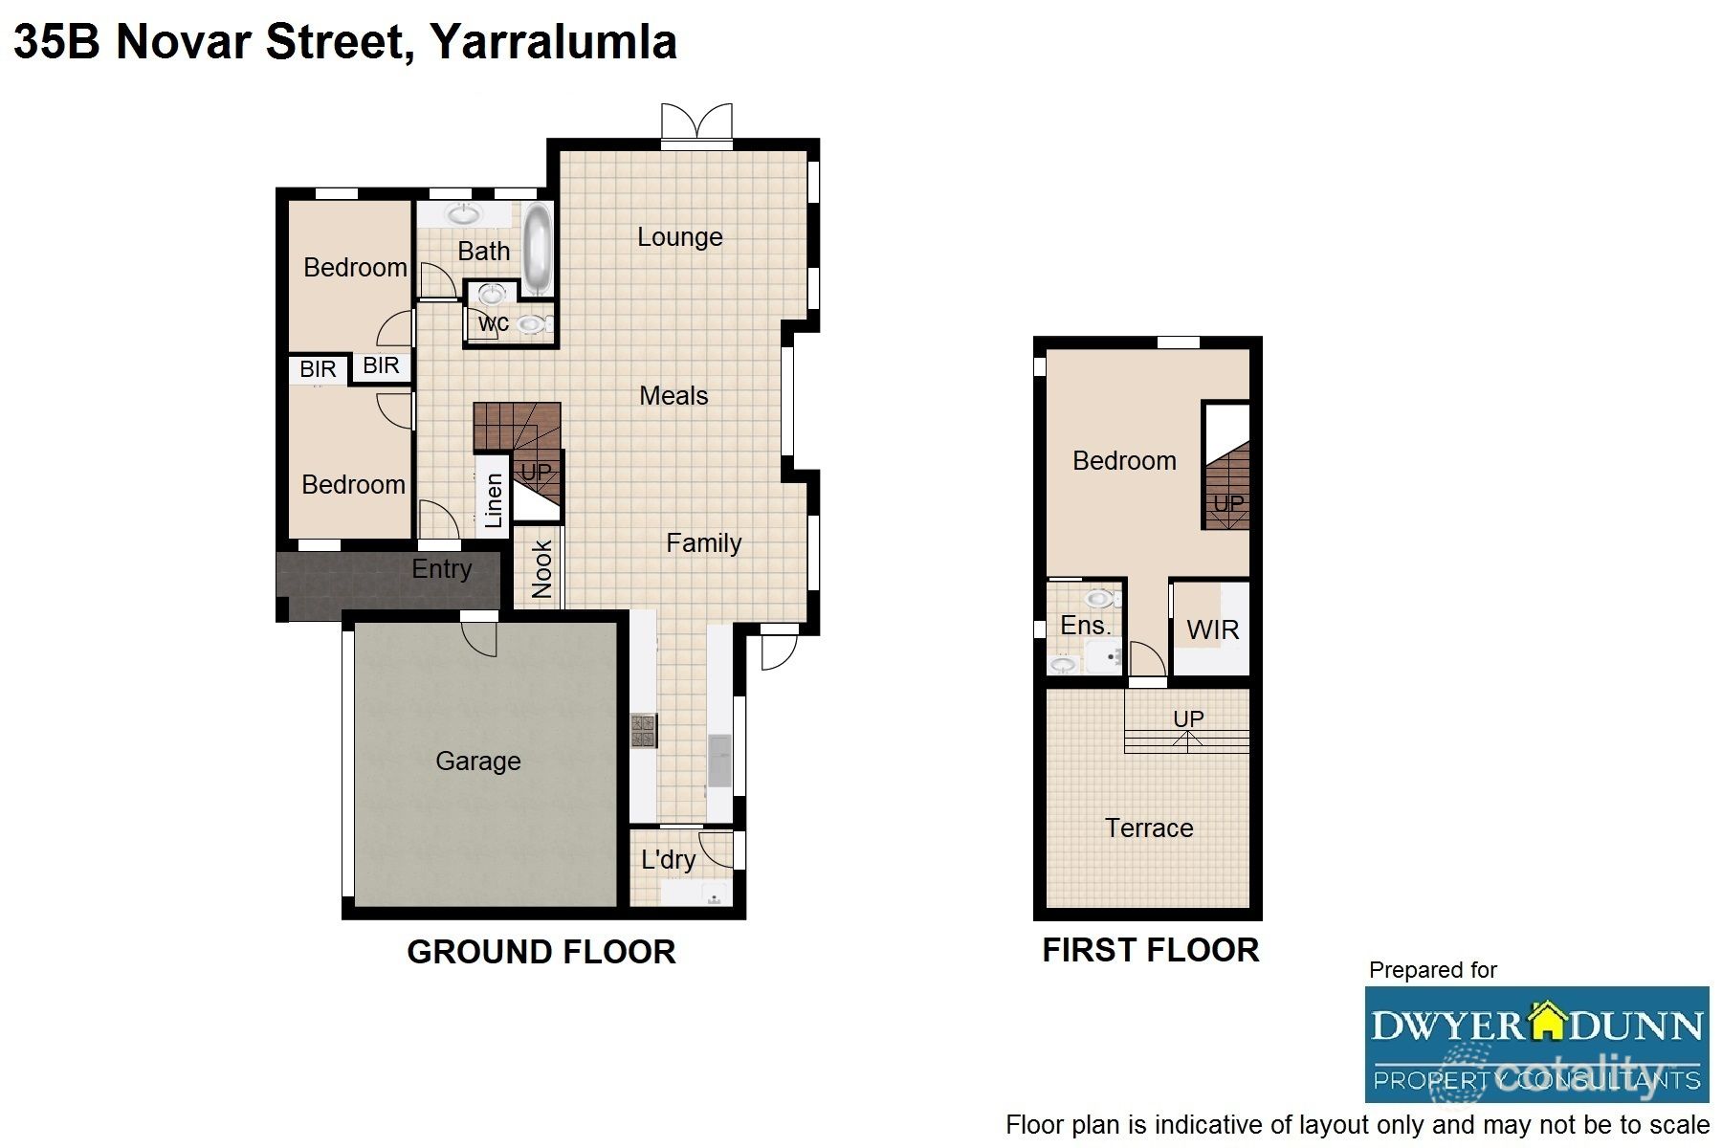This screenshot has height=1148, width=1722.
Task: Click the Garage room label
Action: click(477, 762)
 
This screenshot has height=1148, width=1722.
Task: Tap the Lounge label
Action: click(679, 237)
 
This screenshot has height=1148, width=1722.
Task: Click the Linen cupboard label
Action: click(494, 501)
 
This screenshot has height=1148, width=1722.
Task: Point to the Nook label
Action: click(541, 568)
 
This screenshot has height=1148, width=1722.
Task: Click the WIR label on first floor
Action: click(1212, 629)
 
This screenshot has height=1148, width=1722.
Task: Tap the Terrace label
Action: click(1148, 828)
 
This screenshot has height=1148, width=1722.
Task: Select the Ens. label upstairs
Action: click(1085, 626)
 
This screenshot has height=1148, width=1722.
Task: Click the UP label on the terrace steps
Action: click(1188, 718)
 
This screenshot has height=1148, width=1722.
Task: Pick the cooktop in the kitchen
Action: click(642, 731)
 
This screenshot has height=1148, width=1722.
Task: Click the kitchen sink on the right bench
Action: click(718, 760)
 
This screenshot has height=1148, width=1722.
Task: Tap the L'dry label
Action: click(668, 859)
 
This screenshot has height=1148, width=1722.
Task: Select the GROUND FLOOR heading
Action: click(541, 952)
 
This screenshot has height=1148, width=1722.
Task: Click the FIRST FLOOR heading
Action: click(1150, 950)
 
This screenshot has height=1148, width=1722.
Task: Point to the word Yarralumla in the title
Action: click(553, 42)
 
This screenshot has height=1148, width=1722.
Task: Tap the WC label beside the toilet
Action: click(494, 323)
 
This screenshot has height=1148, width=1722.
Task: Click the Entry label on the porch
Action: click(441, 569)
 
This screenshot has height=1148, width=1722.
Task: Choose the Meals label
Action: click(673, 396)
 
